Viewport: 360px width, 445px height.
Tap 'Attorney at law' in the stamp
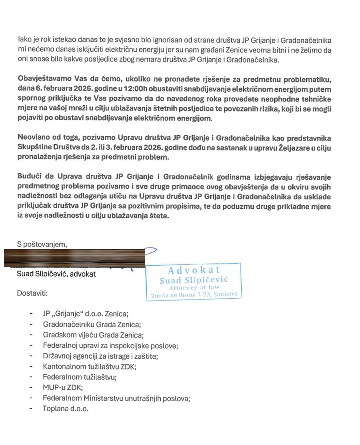point(194,288)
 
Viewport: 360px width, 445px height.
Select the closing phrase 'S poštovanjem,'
point(42,244)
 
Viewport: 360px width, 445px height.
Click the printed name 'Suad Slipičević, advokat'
point(56,274)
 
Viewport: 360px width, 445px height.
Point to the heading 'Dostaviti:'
point(32,293)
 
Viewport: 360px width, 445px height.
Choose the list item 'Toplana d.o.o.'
point(66,409)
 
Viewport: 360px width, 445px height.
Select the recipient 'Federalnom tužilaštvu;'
point(80,377)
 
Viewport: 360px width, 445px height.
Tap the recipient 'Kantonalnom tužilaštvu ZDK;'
point(90,367)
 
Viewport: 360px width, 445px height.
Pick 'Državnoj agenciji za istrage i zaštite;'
point(100,356)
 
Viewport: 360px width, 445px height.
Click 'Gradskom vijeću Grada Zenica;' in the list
point(93,335)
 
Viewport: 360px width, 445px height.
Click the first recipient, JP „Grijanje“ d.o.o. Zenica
point(86,314)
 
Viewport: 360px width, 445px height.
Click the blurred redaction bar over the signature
point(75,258)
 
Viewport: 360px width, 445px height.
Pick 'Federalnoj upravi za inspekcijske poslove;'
point(111,346)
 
